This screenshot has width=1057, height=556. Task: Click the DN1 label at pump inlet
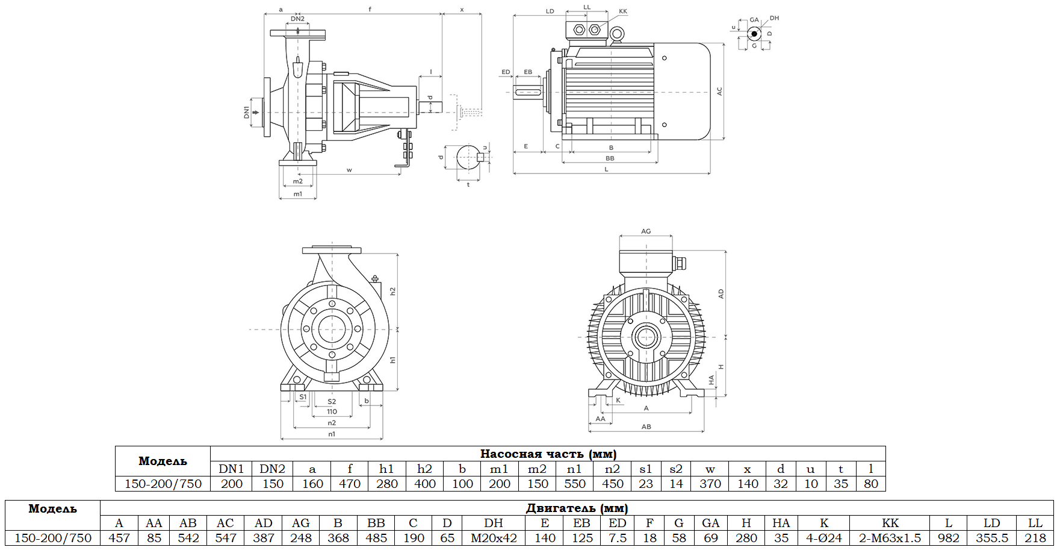(246, 112)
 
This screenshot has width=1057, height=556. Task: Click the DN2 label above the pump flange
(297, 19)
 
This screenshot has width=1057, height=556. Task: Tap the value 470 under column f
(349, 484)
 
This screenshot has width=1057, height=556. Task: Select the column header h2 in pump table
(424, 469)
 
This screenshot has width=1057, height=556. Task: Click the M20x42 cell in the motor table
(494, 538)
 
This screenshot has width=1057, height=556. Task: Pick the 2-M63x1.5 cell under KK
(890, 538)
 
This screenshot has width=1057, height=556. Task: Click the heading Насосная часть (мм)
(548, 454)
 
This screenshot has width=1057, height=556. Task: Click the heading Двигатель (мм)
(577, 508)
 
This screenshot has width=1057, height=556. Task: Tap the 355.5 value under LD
(991, 538)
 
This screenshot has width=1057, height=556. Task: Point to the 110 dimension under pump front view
(332, 412)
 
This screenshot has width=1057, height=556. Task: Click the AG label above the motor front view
(646, 231)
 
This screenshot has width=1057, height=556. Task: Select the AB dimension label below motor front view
(646, 426)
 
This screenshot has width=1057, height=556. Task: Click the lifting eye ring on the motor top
(616, 35)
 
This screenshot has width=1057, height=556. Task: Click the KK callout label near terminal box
(623, 11)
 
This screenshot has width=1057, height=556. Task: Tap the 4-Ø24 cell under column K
(824, 538)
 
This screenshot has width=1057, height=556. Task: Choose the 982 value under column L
(948, 538)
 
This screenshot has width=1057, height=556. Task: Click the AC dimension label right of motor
(719, 92)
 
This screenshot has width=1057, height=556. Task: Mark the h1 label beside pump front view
(392, 360)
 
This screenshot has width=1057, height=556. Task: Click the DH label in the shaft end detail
(774, 18)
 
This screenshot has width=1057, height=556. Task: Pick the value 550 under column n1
(574, 484)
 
